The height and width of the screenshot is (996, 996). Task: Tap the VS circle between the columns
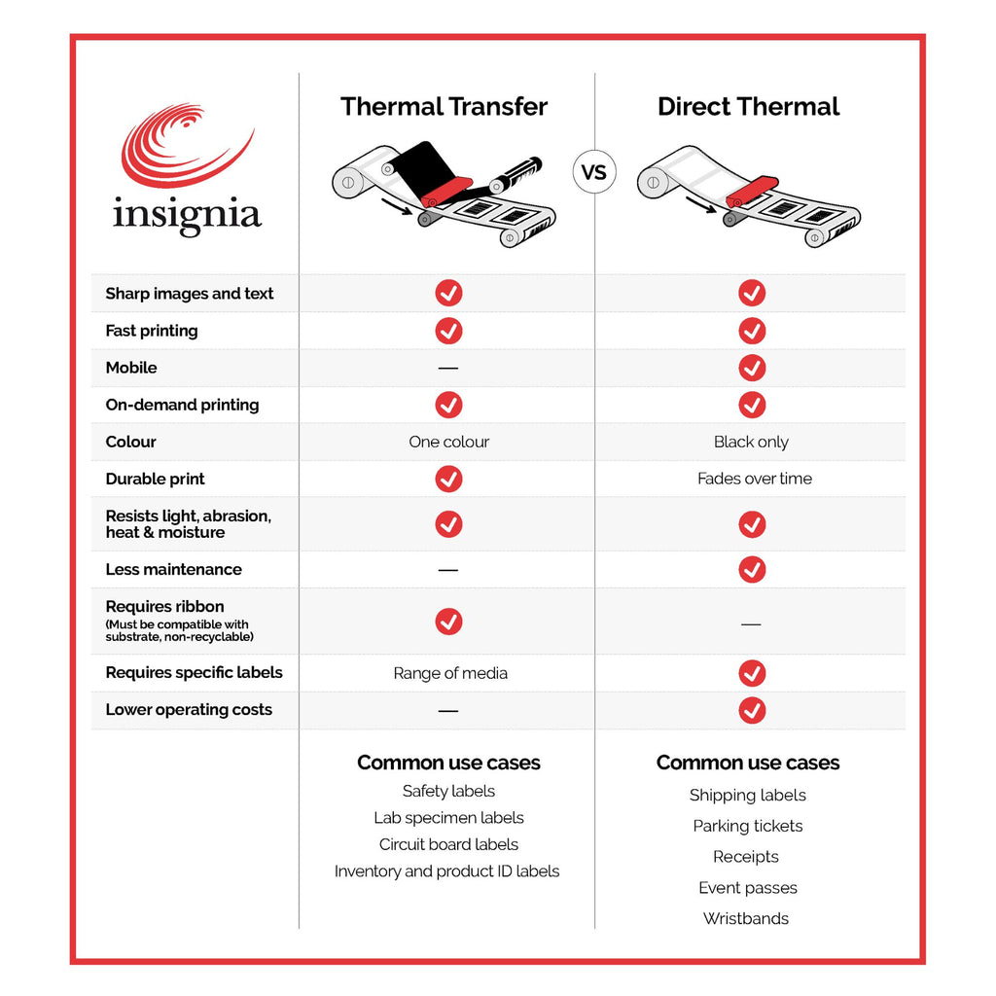tap(594, 171)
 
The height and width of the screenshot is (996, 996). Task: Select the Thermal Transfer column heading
tap(444, 107)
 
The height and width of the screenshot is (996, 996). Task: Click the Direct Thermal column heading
tap(748, 107)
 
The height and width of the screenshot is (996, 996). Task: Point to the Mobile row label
tap(131, 368)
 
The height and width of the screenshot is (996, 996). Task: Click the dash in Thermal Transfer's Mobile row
tap(447, 368)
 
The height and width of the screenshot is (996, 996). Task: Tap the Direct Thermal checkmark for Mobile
tap(752, 368)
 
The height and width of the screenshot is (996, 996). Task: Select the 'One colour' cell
tap(449, 443)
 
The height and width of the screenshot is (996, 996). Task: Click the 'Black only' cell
tap(751, 443)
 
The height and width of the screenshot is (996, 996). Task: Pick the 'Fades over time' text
tap(755, 479)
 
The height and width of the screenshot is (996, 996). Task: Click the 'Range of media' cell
tap(450, 673)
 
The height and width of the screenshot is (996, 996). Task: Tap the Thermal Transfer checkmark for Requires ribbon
tap(448, 622)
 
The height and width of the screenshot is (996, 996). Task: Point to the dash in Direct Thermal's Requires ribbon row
tap(751, 624)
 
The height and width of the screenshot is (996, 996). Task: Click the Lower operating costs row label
tap(189, 710)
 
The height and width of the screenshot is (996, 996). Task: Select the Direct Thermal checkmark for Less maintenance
tap(752, 569)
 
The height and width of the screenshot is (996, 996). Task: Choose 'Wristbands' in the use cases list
tap(746, 918)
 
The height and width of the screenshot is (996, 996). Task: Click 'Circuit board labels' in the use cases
tap(448, 844)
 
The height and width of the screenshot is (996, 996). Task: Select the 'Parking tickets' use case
tap(748, 826)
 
